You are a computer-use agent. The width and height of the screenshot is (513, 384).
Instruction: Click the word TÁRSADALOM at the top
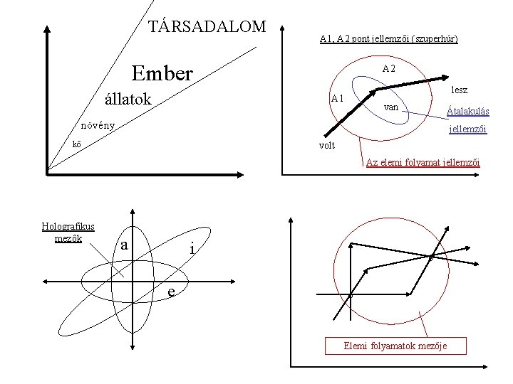point(206,26)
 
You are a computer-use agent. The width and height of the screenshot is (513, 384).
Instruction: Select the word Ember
point(162,73)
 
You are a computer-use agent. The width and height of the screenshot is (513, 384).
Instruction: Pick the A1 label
point(337,98)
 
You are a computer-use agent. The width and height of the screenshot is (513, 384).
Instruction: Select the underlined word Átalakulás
point(467,111)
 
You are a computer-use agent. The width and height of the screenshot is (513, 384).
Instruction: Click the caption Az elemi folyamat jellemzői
point(423,163)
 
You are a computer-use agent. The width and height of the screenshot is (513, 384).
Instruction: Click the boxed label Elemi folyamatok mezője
point(395,346)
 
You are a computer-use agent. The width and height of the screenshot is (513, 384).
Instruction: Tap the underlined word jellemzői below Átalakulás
point(467,129)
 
